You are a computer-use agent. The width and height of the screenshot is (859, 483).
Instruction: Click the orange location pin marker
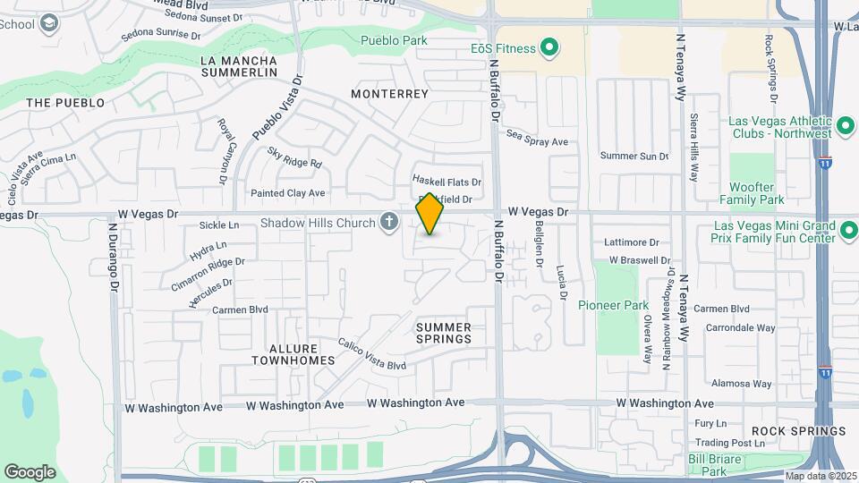coord(430,215)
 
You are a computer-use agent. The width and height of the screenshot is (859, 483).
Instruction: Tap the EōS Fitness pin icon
coord(551,48)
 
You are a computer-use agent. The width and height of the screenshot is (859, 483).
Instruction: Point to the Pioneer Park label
coord(613,305)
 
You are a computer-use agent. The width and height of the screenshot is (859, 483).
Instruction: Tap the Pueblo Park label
coord(394,40)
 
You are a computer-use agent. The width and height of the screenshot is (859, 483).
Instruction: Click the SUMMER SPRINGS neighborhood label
coord(444,334)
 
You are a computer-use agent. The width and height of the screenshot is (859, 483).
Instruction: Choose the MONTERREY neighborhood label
coord(390,93)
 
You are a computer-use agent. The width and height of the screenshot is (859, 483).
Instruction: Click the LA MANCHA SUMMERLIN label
coord(239,67)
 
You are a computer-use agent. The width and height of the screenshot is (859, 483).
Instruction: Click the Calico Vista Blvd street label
coord(372,354)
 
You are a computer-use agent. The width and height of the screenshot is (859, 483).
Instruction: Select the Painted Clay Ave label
coord(287,192)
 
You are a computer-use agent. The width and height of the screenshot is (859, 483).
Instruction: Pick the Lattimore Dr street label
coord(631,242)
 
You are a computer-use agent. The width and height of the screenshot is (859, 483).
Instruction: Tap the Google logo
coord(30,471)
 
